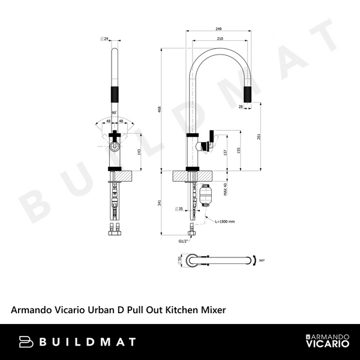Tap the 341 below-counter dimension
tap(159, 202)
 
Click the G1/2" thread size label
tap(184, 241)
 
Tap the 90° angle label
tap(113, 112)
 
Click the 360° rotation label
tap(262, 261)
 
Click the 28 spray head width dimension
tap(240, 106)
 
